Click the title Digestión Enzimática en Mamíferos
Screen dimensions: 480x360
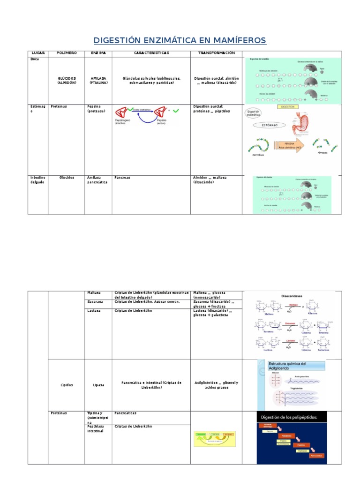tap(180, 40)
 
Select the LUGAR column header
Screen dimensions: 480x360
tap(37, 53)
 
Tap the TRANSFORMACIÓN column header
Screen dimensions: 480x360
tap(216, 53)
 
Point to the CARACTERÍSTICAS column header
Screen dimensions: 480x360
tap(151, 53)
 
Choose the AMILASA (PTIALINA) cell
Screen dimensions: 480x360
tap(98, 81)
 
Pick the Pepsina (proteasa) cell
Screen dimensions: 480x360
tap(96, 109)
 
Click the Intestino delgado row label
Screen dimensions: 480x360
tap(38, 180)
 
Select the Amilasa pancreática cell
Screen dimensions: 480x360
tap(97, 180)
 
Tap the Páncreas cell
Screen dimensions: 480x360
tap(122, 178)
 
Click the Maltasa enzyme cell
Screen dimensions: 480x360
tap(94, 293)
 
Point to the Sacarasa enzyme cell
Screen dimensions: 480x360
tap(95, 302)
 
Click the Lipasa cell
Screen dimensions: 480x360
tap(98, 385)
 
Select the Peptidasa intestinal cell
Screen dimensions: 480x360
tap(97, 428)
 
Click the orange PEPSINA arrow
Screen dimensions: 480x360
tap(288, 145)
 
